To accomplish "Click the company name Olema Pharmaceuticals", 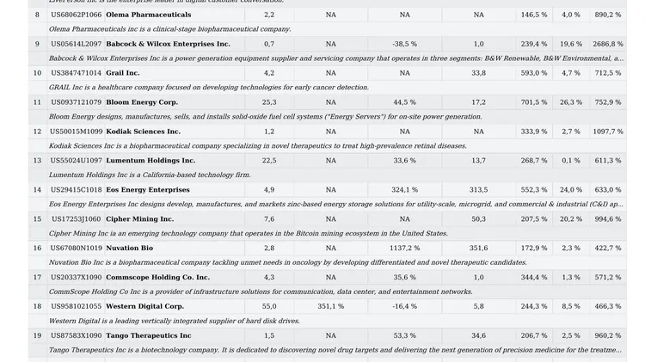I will (149, 15).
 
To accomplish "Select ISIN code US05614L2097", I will (76, 44).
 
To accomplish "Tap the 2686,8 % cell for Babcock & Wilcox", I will (607, 44).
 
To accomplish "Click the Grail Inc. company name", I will (123, 73).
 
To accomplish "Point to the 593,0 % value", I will (533, 73).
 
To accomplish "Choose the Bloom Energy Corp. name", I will (142, 102).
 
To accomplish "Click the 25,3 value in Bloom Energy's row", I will (269, 102).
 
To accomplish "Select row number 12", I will (37, 132).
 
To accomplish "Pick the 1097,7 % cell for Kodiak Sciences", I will (607, 132).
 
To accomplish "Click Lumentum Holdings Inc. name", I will (150, 161).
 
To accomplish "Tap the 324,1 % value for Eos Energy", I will (404, 190).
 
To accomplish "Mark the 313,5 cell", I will (478, 190).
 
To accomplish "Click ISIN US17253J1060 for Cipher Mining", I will (76, 219).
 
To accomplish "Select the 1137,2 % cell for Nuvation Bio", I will (403, 248).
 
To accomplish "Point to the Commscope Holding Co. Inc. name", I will (157, 278).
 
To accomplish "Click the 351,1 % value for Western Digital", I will (330, 306).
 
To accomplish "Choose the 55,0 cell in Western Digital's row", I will (269, 306).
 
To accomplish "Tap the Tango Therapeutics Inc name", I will (149, 335).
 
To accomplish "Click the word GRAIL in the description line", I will (59, 88).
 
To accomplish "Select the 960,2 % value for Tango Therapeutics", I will (607, 335).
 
